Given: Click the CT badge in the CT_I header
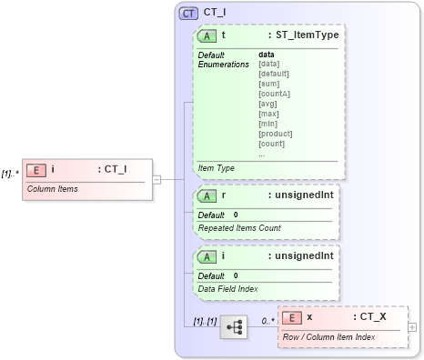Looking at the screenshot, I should pyautogui.click(x=188, y=14).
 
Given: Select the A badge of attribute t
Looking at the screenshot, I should pyautogui.click(x=207, y=35).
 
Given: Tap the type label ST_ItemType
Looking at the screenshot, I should pyautogui.click(x=307, y=35).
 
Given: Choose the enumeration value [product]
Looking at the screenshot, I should pyautogui.click(x=275, y=134).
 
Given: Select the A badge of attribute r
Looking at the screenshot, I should pyautogui.click(x=207, y=195).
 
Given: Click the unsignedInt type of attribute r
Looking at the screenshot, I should pyautogui.click(x=303, y=195).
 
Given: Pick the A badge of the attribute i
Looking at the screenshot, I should pyautogui.click(x=207, y=256).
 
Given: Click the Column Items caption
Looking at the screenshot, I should pyautogui.click(x=52, y=189).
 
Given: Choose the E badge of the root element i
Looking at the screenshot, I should pyautogui.click(x=35, y=169).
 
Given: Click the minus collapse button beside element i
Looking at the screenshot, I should pyautogui.click(x=156, y=178).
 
